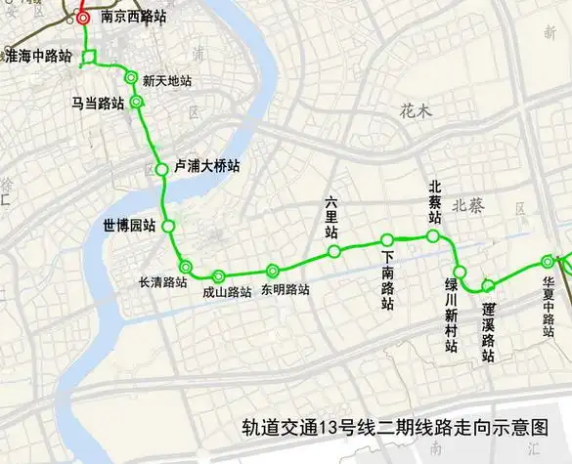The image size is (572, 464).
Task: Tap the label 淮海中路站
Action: [x=38, y=57]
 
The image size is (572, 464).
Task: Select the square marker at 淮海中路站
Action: [x=89, y=57]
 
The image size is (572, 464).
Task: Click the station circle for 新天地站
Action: [x=131, y=78]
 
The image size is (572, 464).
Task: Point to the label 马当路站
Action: [x=98, y=103]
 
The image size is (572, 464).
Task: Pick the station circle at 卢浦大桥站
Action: [x=161, y=169]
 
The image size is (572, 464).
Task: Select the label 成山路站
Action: [x=227, y=291]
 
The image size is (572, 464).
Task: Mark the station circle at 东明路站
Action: [x=273, y=271]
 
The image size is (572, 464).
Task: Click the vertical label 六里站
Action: [x=331, y=218]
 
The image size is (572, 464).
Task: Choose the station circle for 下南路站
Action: [x=387, y=240]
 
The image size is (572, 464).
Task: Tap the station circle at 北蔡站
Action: [x=433, y=236]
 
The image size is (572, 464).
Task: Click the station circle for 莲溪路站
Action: [x=488, y=285]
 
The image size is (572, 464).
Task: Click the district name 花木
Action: [x=415, y=111]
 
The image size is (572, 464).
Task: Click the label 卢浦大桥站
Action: [x=206, y=167]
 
